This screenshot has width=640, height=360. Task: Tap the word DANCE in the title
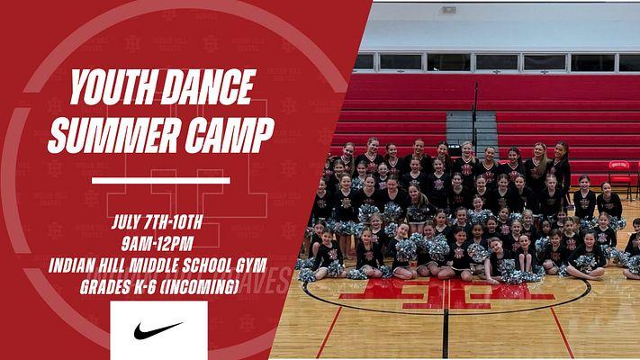[x=208, y=86]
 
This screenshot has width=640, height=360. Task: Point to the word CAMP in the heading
[x=230, y=135]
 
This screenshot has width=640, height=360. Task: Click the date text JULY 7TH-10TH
[x=158, y=222]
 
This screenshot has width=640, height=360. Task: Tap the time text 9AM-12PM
[x=158, y=244]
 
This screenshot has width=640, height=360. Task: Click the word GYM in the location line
[x=251, y=265]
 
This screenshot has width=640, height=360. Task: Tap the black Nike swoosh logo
[x=158, y=329]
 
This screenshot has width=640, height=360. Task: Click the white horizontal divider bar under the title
[x=161, y=180]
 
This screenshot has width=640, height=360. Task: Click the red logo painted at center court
[x=447, y=294]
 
